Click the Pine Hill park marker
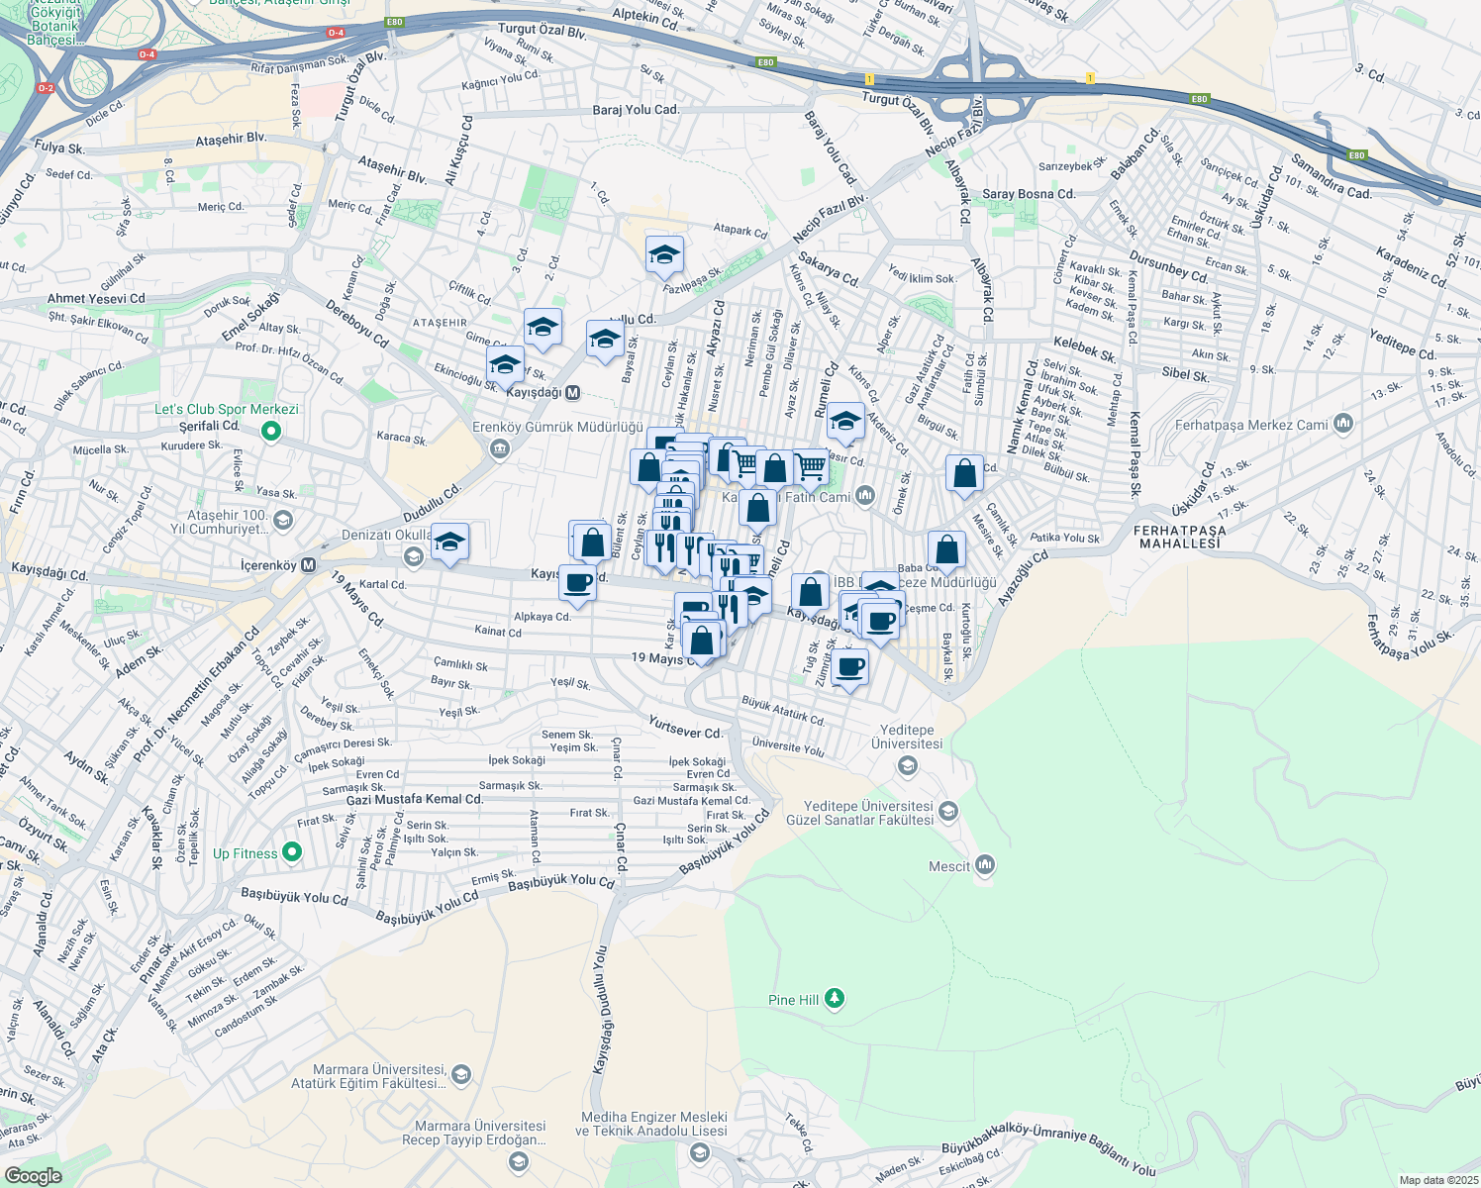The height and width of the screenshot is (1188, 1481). (x=835, y=999)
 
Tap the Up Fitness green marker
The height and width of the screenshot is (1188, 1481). (x=291, y=852)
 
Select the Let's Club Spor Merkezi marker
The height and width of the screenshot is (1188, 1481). (x=271, y=431)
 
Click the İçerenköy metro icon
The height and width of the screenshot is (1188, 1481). (x=308, y=565)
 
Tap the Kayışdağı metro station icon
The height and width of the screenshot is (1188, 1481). (x=571, y=393)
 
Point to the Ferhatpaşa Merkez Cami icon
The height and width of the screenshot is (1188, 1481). (x=1342, y=425)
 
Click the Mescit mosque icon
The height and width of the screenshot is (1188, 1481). (x=984, y=865)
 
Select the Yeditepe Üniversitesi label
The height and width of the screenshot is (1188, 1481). (x=907, y=737)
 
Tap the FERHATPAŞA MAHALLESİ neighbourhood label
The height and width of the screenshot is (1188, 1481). (x=1180, y=537)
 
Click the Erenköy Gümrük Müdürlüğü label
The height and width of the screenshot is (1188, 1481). (x=557, y=427)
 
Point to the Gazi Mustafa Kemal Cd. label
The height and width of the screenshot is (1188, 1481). (x=415, y=799)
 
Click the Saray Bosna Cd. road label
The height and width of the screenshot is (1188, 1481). (x=1029, y=194)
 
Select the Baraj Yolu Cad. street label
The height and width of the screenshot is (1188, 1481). (x=636, y=110)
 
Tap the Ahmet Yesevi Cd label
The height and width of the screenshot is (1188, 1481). (x=96, y=298)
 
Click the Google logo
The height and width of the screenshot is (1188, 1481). (x=33, y=1175)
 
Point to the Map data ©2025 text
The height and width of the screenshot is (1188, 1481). (x=1437, y=1180)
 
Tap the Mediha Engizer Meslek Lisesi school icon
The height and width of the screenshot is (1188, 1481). (x=700, y=1152)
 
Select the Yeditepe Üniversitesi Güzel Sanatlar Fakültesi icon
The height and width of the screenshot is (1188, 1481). (x=947, y=813)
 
